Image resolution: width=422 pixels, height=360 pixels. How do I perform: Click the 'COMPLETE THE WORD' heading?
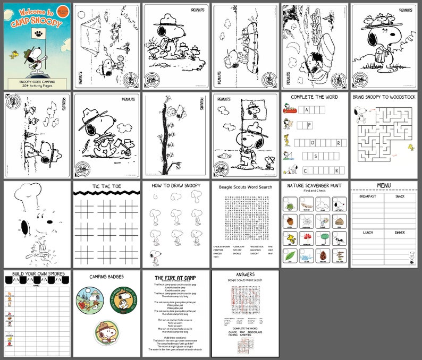click(x=314, y=97)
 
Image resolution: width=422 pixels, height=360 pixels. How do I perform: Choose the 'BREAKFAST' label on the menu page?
click(x=367, y=196)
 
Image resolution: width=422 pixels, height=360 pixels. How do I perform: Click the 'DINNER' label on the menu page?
click(x=400, y=232)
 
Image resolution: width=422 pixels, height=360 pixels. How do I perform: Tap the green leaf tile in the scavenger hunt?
click(x=289, y=256)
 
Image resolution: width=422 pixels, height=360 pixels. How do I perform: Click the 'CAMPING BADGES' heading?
click(x=107, y=276)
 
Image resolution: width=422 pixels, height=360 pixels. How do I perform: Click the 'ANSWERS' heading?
click(x=246, y=275)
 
